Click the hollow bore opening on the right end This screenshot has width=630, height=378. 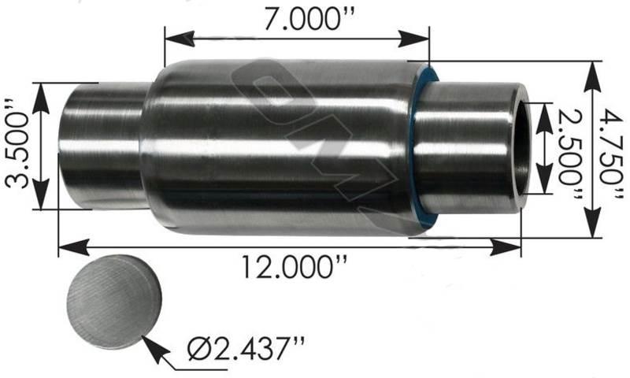[522, 147]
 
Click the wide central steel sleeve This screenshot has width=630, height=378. [283, 146]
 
